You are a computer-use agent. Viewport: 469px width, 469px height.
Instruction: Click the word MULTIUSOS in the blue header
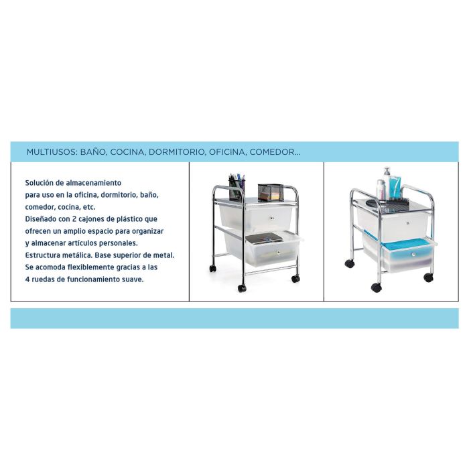(x=52, y=152)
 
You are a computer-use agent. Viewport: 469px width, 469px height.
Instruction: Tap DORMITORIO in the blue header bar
(x=177, y=152)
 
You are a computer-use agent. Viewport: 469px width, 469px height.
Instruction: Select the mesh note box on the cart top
(x=271, y=192)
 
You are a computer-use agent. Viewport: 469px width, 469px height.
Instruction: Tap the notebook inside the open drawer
(x=264, y=239)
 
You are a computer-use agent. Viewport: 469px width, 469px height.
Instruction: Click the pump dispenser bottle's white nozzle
(x=387, y=170)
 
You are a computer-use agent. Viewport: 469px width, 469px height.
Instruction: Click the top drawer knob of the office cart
(x=271, y=218)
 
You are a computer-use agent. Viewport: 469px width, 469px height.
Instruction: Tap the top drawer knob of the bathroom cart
(x=407, y=223)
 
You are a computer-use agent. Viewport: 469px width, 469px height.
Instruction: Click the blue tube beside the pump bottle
(x=396, y=187)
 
